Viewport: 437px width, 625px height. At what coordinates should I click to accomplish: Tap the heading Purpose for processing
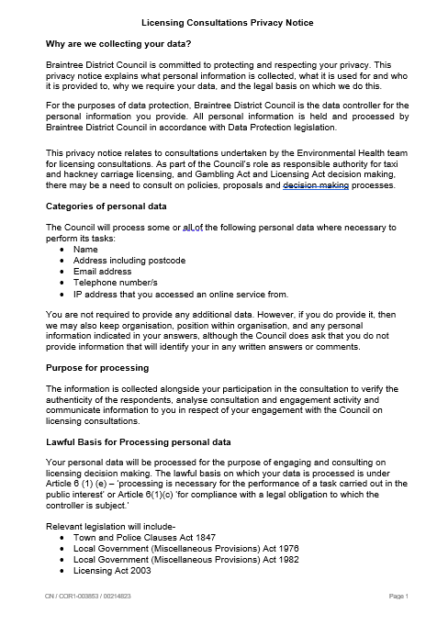click(97, 367)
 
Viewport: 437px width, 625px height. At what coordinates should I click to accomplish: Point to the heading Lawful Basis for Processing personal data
click(138, 441)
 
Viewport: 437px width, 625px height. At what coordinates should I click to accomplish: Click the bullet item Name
click(85, 250)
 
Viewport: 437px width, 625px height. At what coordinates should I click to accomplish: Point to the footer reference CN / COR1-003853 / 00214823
click(89, 597)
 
